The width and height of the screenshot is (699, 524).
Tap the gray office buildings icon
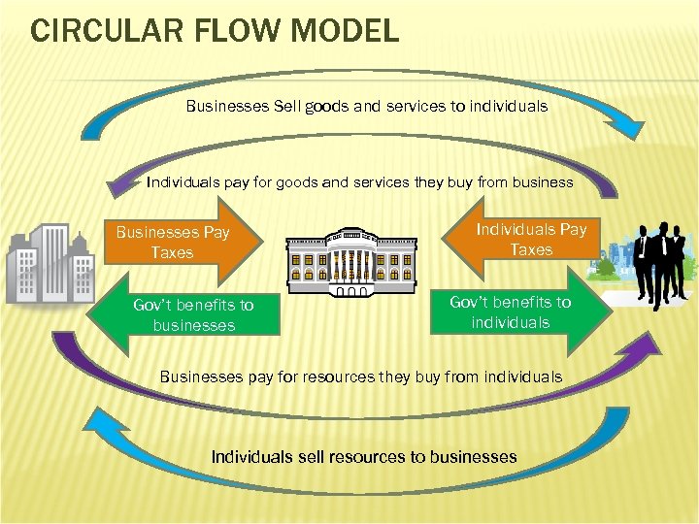[x=49, y=263]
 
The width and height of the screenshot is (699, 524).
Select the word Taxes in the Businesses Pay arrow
[x=172, y=253]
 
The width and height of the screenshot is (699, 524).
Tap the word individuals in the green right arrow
[x=511, y=322]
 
